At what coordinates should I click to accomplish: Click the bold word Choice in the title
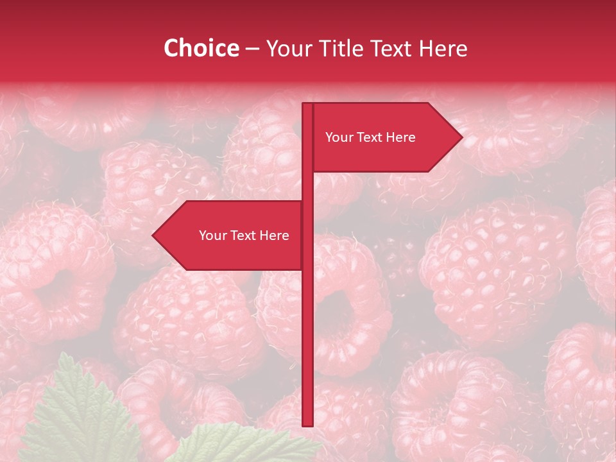[201, 48]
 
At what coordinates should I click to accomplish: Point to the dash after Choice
[252, 49]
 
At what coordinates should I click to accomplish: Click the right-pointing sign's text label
[370, 137]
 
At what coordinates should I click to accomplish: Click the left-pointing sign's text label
[244, 235]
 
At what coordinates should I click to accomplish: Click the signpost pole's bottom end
[307, 424]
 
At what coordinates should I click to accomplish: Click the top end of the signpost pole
[307, 105]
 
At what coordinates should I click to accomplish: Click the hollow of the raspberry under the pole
[337, 318]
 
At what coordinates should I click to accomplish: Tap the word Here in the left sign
[274, 235]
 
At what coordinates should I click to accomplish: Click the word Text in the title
[390, 48]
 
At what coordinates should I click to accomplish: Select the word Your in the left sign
[212, 235]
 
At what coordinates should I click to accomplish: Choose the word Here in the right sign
[400, 137]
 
